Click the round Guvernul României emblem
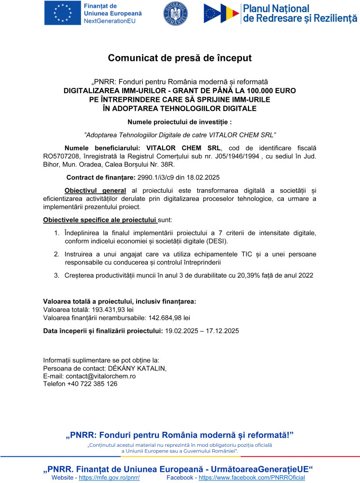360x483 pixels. coord(176,14)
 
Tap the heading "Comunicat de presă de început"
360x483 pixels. coord(180,58)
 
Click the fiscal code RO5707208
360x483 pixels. coord(63,156)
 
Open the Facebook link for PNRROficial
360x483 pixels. coord(251,478)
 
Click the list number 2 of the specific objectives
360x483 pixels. coord(56,254)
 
